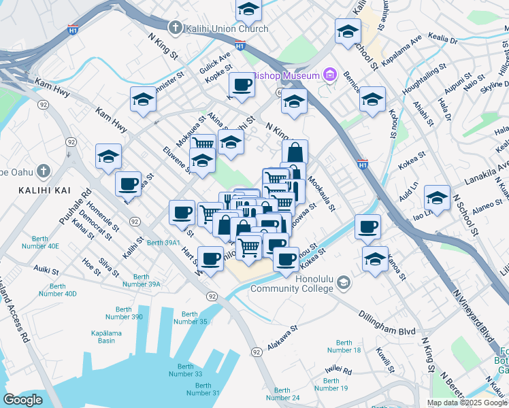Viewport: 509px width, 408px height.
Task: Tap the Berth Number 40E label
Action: coord(46,242)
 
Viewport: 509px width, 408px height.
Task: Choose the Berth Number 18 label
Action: coord(344,347)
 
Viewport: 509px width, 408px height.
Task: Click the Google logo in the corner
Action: coord(23,400)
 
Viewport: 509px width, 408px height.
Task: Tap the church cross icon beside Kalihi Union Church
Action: coord(176,28)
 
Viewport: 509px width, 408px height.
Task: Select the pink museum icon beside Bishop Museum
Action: coord(330,74)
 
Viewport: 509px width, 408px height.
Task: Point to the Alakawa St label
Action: coord(282,337)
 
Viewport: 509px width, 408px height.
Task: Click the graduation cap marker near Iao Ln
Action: coord(437,199)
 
